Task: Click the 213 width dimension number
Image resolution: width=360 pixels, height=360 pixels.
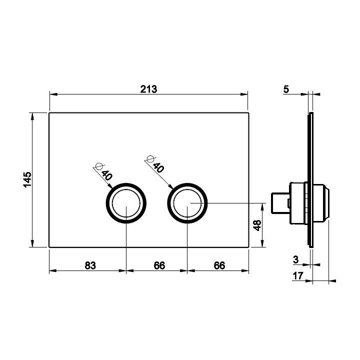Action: click(149, 89)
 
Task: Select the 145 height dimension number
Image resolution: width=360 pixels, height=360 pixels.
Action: click(27, 179)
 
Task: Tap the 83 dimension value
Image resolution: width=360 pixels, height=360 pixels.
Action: click(90, 265)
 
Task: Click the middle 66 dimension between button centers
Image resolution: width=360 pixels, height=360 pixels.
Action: click(159, 265)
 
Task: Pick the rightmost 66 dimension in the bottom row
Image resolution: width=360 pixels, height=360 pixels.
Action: click(219, 265)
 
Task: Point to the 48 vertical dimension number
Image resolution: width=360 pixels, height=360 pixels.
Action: click(257, 225)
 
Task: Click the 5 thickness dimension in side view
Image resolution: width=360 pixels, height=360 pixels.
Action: click(286, 89)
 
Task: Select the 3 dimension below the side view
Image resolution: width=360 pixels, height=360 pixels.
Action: click(295, 259)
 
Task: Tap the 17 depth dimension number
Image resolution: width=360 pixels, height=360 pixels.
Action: click(298, 275)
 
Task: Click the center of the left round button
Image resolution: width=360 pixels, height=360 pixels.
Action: click(126, 203)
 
